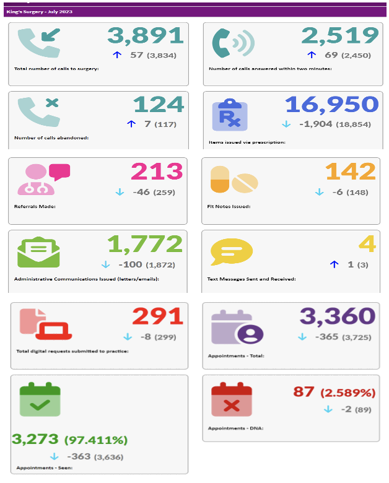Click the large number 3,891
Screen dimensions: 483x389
[x=146, y=35]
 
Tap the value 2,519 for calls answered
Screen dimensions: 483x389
[x=340, y=35]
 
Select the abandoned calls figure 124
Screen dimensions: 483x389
[x=159, y=104]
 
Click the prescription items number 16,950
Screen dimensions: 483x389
[x=331, y=104]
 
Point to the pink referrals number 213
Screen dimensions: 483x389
[x=157, y=172]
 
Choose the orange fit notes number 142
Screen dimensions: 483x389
[x=351, y=172]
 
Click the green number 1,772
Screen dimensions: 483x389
[x=146, y=244]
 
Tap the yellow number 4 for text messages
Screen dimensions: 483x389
[x=369, y=244]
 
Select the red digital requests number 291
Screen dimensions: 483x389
[x=158, y=316]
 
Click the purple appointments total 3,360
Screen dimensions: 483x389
[x=338, y=316]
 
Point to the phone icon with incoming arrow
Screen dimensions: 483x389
[x=38, y=45]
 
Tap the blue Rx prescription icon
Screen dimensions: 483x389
[x=230, y=114]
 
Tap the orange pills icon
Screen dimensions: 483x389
[x=234, y=180]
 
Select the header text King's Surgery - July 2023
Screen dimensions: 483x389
[x=39, y=12]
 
